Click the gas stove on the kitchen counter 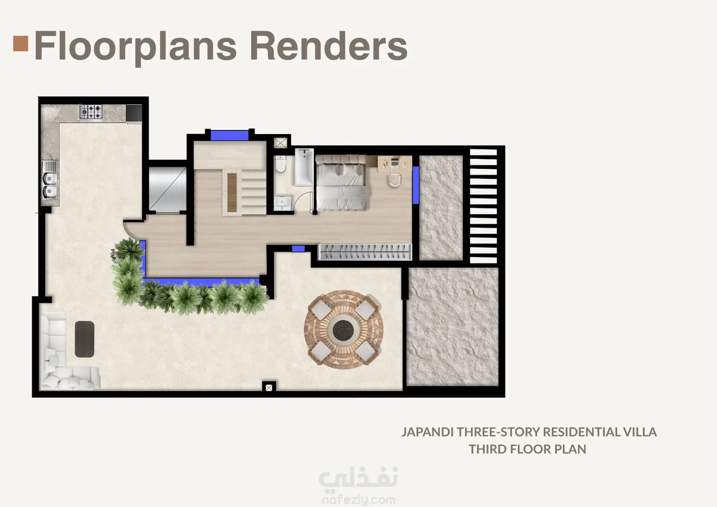pos(91,112)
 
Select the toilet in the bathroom pos(281,164)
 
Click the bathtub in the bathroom pos(304,167)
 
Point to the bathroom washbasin pos(283,204)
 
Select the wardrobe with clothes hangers pos(365,252)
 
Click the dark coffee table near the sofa pos(85,339)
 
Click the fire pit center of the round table pos(343,330)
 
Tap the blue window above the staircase pos(229,135)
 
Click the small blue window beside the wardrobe pos(298,248)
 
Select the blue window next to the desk pos(416,185)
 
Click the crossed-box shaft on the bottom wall pos(269,388)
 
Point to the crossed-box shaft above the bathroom pos(281,143)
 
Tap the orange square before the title pos(21,43)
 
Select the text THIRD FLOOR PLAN pos(527,449)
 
